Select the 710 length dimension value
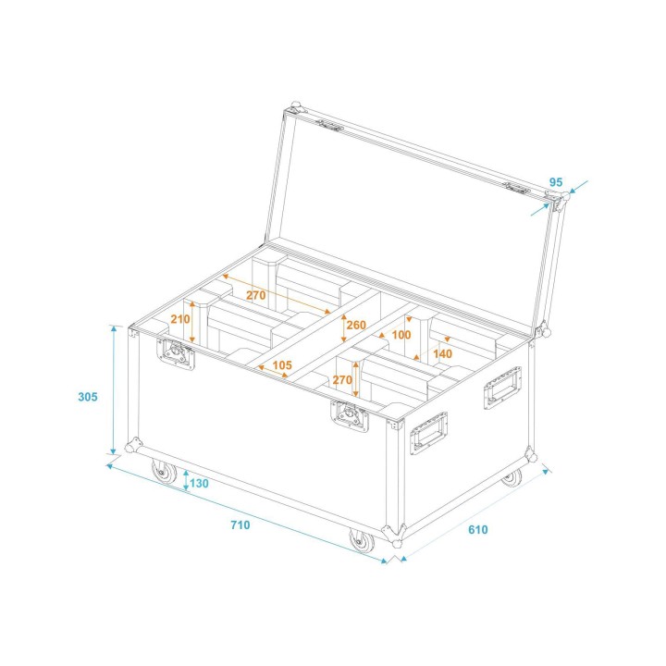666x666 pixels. [x=240, y=525]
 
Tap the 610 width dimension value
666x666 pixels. [x=477, y=530]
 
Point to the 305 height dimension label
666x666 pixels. [x=87, y=397]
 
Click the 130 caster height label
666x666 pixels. [x=199, y=483]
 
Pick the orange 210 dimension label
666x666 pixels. [x=179, y=319]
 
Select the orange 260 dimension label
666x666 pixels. [x=356, y=325]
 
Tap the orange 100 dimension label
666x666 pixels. [x=401, y=334]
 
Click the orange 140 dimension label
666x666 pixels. [x=442, y=353]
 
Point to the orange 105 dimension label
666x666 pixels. [x=282, y=365]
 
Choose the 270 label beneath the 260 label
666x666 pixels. [x=341, y=379]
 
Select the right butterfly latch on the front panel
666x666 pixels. [x=351, y=415]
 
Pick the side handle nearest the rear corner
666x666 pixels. [x=501, y=388]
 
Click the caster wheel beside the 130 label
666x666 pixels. [x=165, y=474]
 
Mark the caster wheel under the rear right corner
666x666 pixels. [x=512, y=477]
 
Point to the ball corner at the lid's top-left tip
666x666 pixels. [x=295, y=109]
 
